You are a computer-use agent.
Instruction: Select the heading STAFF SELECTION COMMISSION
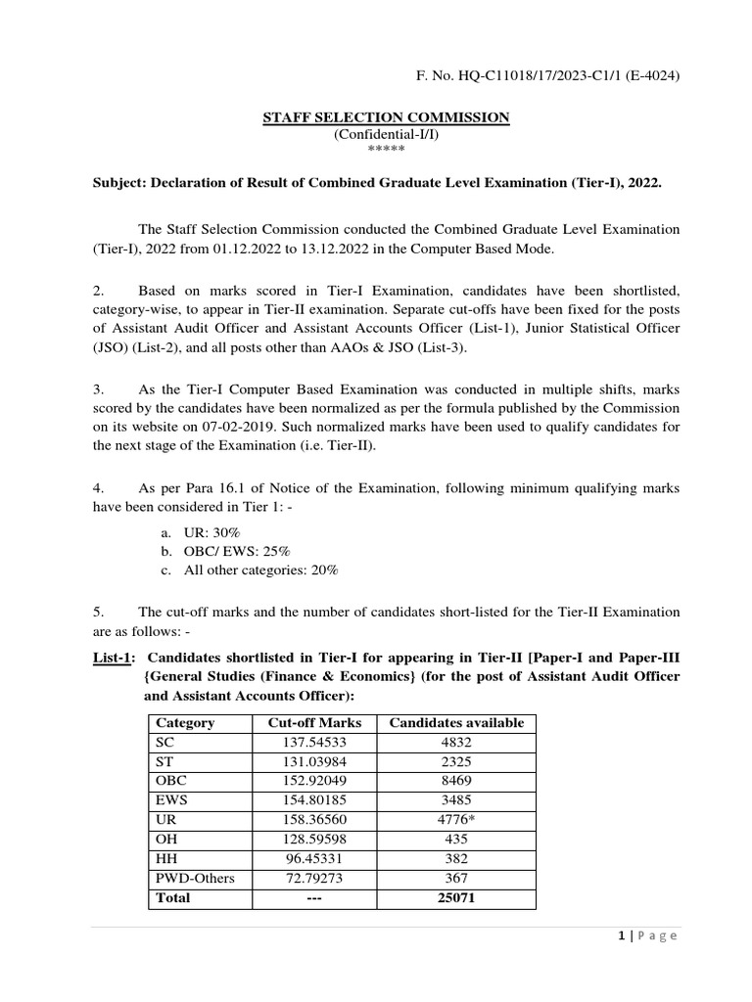[386, 117]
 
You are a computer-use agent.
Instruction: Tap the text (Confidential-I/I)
[386, 134]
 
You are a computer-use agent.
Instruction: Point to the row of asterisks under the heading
[385, 150]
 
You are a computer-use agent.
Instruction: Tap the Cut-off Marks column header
[314, 723]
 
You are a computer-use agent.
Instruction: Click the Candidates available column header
[456, 723]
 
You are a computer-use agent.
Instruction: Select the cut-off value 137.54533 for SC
[314, 741]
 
